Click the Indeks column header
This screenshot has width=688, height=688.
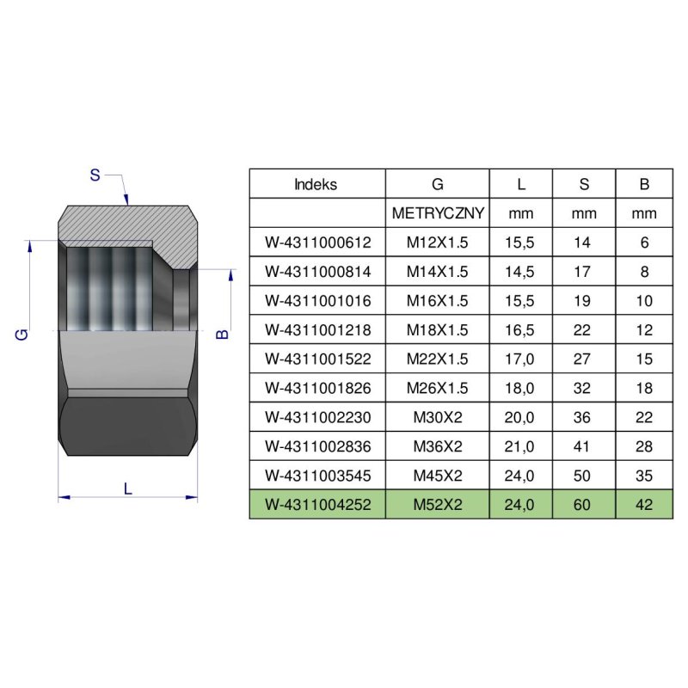(x=316, y=184)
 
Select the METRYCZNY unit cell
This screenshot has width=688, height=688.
(x=438, y=213)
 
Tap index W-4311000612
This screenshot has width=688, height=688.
(x=317, y=243)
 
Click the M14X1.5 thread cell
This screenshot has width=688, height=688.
(x=438, y=272)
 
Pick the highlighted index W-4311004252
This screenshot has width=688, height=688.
(x=317, y=505)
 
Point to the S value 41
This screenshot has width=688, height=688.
(x=582, y=446)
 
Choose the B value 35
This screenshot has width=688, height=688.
(x=645, y=476)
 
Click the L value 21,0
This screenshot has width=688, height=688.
(x=520, y=446)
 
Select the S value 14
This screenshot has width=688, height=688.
(x=582, y=243)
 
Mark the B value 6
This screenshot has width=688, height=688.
(x=645, y=243)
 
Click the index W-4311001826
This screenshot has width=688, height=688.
(x=317, y=388)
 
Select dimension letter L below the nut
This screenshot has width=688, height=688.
(x=127, y=488)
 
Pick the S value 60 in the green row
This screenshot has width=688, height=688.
(x=582, y=505)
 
